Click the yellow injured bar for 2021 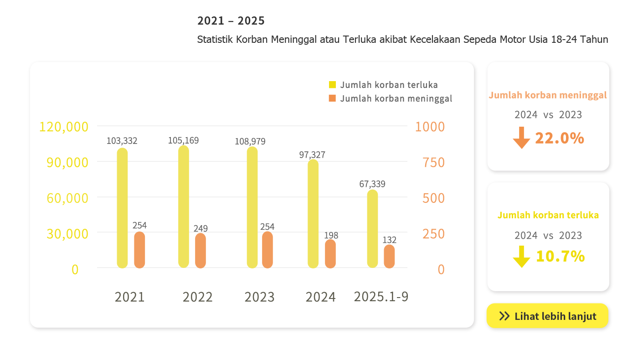click(122, 208)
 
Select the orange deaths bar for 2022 click(201, 251)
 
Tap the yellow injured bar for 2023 click(252, 207)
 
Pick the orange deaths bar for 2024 click(330, 253)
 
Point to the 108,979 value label click(250, 141)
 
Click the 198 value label click(331, 236)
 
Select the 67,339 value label click(372, 184)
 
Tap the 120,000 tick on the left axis click(64, 127)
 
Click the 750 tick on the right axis click(433, 162)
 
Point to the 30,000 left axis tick click(67, 234)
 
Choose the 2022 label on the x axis click(197, 297)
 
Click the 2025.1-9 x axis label click(381, 297)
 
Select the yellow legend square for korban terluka click(332, 85)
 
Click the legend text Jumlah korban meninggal click(396, 98)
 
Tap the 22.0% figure click(560, 138)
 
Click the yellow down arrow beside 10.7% click(521, 257)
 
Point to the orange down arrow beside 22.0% click(521, 138)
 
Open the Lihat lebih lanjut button click(547, 316)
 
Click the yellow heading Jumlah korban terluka click(548, 215)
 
